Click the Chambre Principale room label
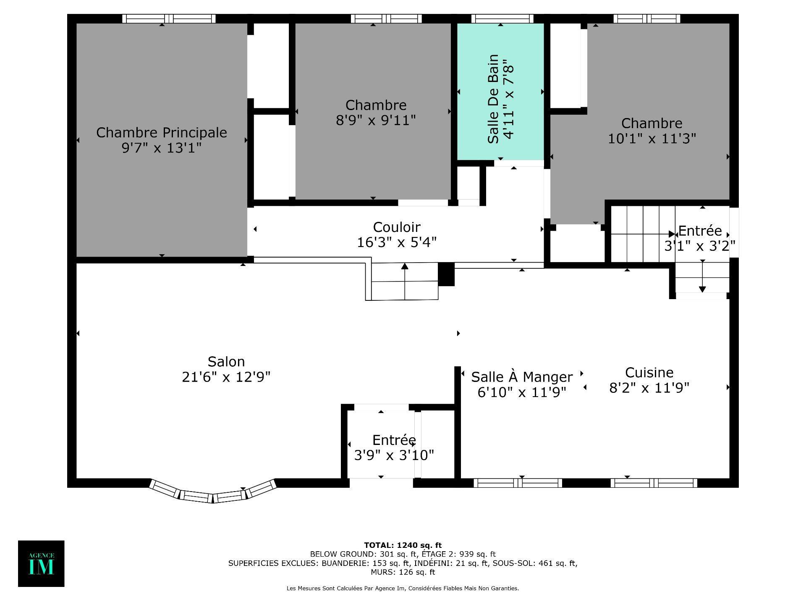pos(162,133)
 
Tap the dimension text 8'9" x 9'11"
pos(376,121)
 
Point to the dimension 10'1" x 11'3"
pos(652,139)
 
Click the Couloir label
pos(397,227)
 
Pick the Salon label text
pos(226,362)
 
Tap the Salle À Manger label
pos(522,377)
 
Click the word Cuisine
pos(649,373)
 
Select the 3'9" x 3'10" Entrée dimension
pos(394,455)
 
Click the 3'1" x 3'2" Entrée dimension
pos(699,246)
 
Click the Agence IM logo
pos(41,563)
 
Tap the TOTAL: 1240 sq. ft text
pos(403,546)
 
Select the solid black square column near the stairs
pos(446,274)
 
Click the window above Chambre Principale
pos(169,19)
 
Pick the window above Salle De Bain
pos(502,19)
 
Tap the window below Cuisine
pos(654,483)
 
